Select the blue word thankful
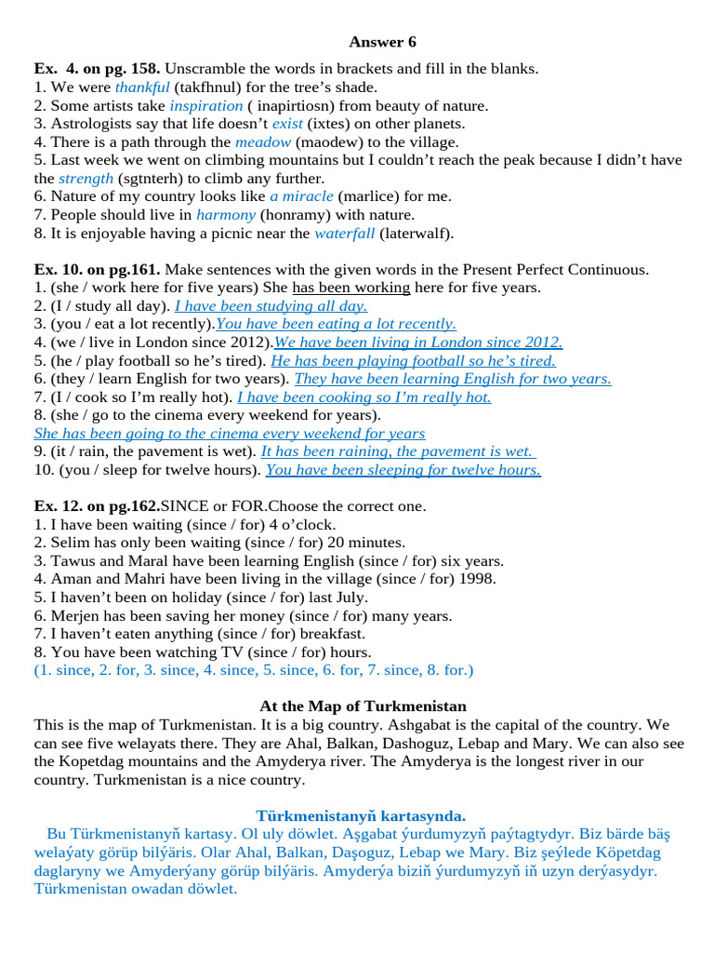[x=142, y=87]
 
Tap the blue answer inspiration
[x=205, y=106]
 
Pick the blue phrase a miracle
[x=301, y=197]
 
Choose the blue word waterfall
[x=345, y=234]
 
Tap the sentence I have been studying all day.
[x=271, y=306]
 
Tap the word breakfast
[x=334, y=634]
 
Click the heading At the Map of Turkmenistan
[x=363, y=706]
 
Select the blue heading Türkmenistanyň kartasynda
[x=361, y=816]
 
